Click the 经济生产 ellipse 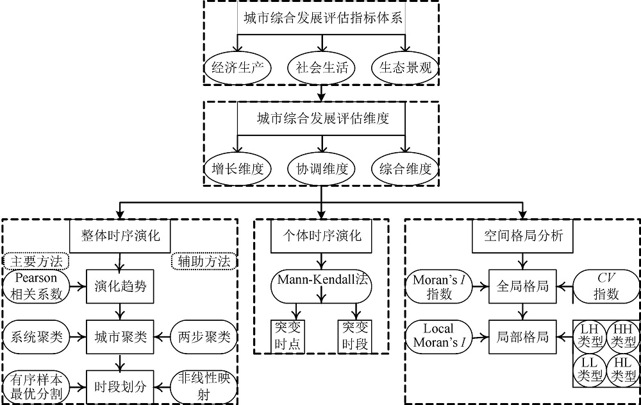(x=238, y=67)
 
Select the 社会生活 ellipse (x=322, y=67)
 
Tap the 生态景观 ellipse (x=405, y=67)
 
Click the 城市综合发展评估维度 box (x=322, y=119)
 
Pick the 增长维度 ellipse (x=238, y=169)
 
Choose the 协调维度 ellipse (x=322, y=169)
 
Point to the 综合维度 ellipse (x=405, y=169)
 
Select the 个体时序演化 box (x=322, y=236)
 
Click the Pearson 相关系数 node (x=36, y=286)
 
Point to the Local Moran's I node (x=440, y=336)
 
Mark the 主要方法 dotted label (x=36, y=261)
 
